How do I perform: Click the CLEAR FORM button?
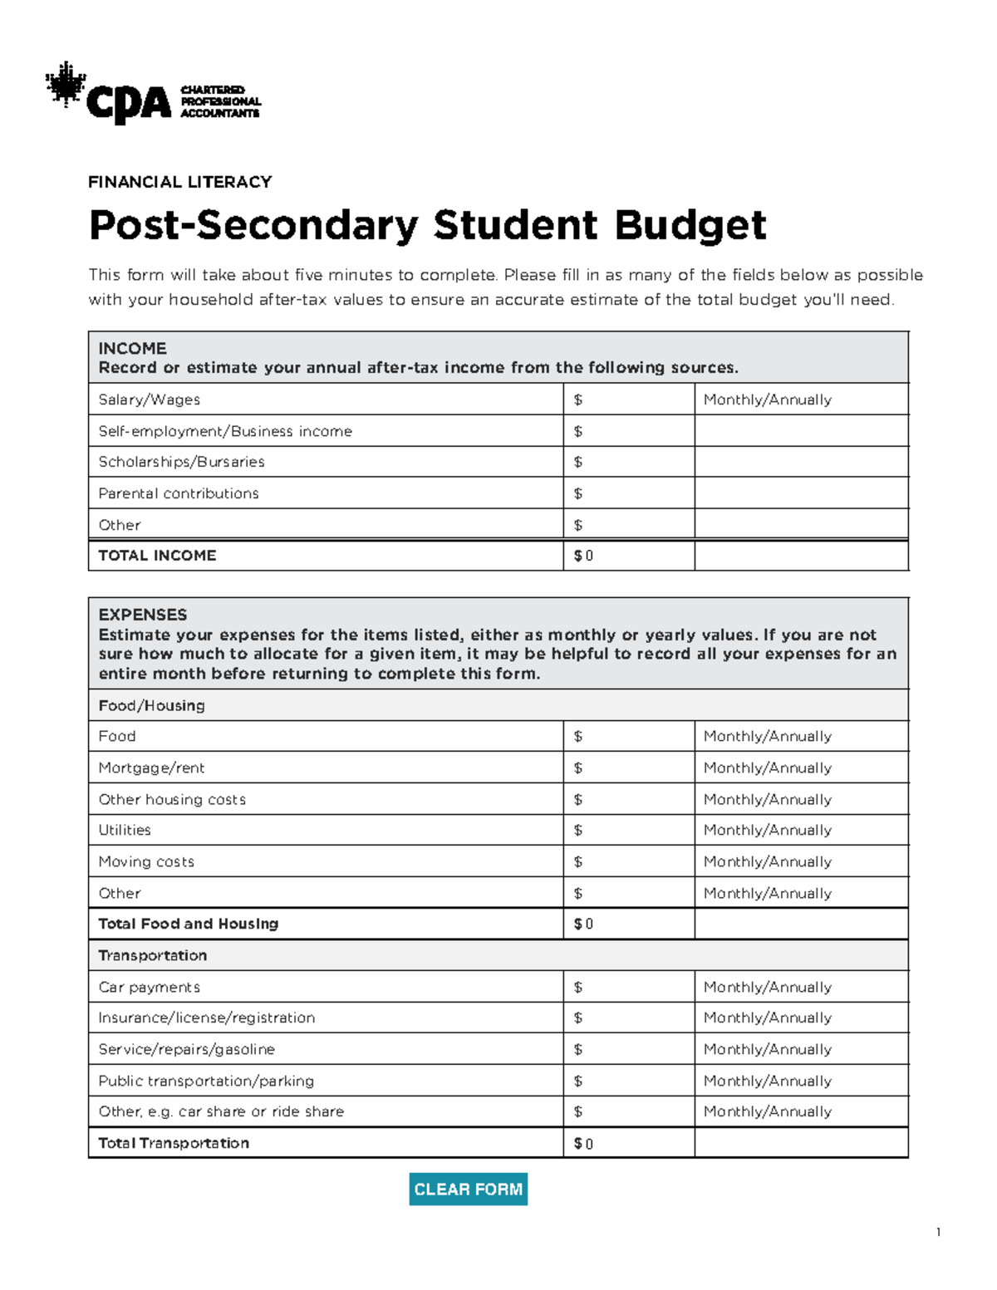point(468,1189)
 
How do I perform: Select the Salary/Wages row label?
point(150,400)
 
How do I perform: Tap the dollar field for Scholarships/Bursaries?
point(628,462)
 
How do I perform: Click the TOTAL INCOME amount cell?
point(628,556)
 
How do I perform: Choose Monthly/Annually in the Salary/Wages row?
point(767,400)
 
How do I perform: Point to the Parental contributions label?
point(179,493)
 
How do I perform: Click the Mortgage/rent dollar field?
point(628,768)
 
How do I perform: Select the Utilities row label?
point(125,830)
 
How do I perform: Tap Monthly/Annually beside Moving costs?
point(767,861)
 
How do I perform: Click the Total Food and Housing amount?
point(628,924)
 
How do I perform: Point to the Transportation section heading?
point(153,955)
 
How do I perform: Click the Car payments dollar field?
point(628,987)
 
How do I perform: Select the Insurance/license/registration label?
point(207,1018)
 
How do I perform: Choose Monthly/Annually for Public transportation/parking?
point(767,1081)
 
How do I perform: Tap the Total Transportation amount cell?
point(628,1143)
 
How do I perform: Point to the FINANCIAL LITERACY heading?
point(180,182)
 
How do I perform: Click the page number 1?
point(938,1232)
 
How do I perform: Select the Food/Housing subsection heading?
point(151,705)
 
